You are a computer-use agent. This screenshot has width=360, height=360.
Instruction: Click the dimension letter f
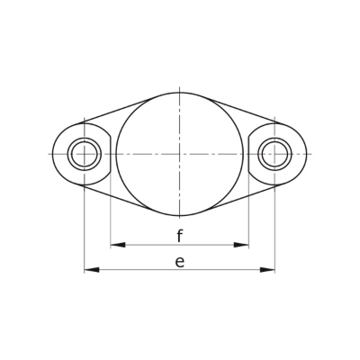(179, 236)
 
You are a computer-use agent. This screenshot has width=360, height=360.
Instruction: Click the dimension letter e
(179, 262)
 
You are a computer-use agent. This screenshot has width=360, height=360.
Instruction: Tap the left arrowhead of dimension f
(118, 245)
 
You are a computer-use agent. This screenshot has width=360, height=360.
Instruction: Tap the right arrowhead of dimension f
(241, 245)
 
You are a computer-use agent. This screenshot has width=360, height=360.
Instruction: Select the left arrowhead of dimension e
(92, 270)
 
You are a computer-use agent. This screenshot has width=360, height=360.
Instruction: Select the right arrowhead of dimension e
(267, 270)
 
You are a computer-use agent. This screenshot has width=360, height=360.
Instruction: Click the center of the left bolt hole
(85, 154)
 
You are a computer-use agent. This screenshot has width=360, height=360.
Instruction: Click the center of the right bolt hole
(274, 154)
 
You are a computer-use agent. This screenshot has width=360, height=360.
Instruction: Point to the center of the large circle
(179, 154)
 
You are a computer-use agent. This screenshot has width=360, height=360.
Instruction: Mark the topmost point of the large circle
(179, 93)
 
